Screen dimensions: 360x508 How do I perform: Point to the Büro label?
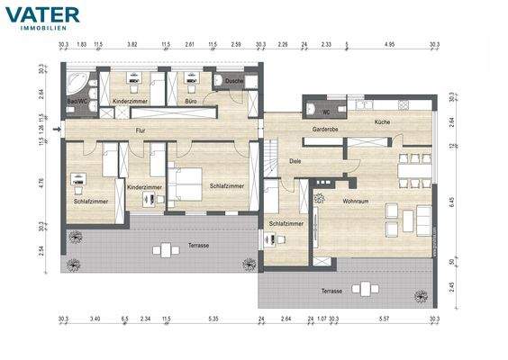[x=191, y=102]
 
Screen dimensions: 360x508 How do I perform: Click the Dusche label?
[x=234, y=81]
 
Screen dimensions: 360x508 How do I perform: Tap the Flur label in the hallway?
[x=140, y=132]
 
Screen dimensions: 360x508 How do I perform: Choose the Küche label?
[x=382, y=121]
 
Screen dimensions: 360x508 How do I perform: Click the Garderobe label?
[x=324, y=130]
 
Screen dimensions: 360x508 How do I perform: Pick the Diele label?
[x=295, y=161]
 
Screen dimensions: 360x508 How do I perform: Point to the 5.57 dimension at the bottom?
[x=383, y=319]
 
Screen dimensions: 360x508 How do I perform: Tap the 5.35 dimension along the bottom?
[x=213, y=319]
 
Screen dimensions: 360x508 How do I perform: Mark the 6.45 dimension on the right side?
[x=451, y=202]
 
